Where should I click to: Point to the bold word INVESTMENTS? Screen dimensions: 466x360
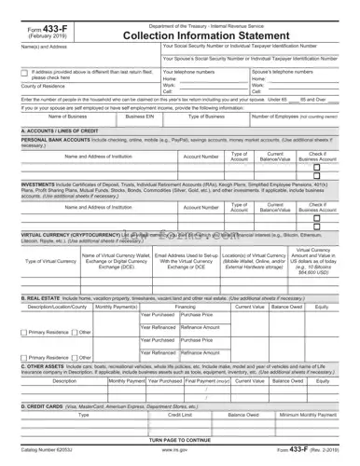[x=39, y=185]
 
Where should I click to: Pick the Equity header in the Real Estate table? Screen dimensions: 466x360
[x=321, y=306]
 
